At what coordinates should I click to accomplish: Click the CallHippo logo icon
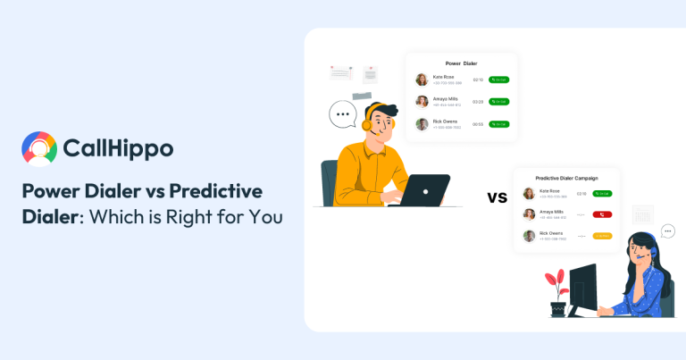(39, 148)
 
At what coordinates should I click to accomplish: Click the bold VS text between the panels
(498, 197)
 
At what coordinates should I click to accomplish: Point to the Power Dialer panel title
(461, 63)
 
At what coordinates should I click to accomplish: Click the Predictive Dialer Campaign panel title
(565, 179)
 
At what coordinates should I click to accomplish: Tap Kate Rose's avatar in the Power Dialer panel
(422, 80)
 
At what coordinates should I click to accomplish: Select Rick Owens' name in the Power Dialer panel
(445, 121)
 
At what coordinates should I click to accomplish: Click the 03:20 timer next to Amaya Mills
(478, 102)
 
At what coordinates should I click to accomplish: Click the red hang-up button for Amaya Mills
(602, 214)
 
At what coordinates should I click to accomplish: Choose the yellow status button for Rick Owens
(602, 236)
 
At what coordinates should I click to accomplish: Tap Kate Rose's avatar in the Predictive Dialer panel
(529, 193)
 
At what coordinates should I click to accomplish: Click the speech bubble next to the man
(342, 114)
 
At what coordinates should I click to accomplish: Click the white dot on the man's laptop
(425, 190)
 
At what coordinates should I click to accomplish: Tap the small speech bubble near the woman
(667, 230)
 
